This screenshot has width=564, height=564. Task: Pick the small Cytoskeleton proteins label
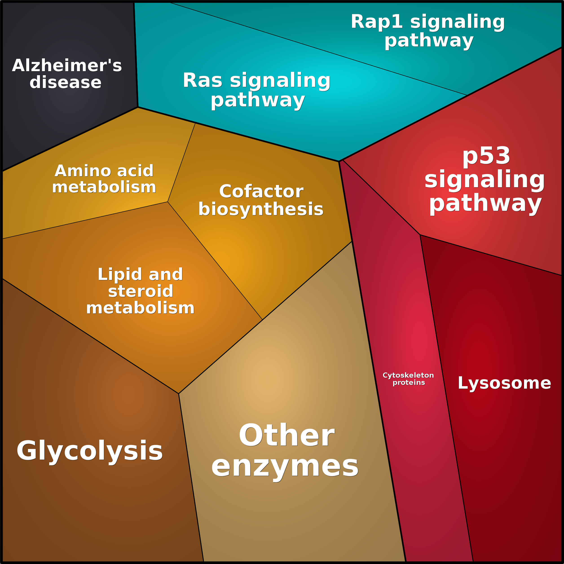coord(408,379)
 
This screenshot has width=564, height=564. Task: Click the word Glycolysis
coord(89,451)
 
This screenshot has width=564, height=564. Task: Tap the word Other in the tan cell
coord(286,436)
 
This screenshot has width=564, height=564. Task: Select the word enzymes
coord(285,467)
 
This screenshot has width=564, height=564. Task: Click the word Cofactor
coord(261,192)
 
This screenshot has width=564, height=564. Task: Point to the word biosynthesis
coord(261,209)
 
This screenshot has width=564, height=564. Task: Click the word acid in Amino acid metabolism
coord(135,171)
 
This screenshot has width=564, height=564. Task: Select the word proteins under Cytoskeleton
coord(409,383)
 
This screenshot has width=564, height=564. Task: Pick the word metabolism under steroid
coord(140,308)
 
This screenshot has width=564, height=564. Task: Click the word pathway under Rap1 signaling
coord(429,41)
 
